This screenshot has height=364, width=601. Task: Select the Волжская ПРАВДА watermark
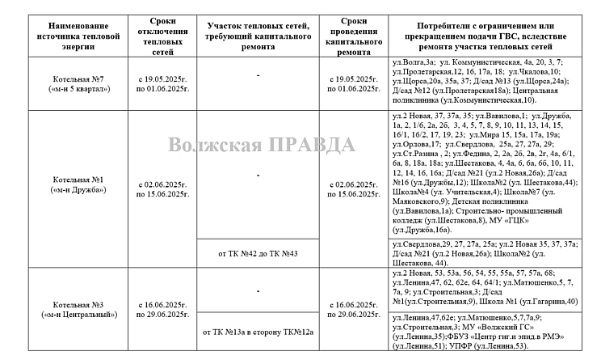pyautogui.click(x=262, y=145)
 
